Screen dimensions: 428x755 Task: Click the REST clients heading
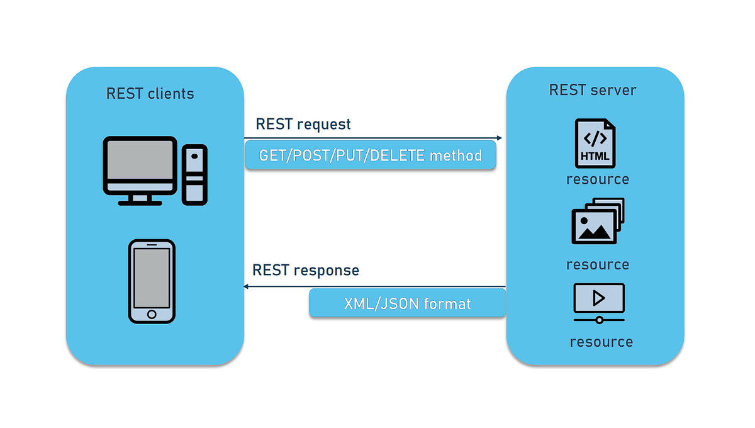150,94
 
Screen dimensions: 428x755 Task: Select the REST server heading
593,90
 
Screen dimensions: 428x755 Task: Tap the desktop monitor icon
140,169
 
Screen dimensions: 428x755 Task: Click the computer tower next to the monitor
194,174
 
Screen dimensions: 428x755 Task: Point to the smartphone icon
152,281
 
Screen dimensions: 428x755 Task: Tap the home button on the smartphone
152,314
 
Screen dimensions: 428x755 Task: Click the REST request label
303,124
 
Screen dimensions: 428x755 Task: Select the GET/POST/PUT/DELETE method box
371,155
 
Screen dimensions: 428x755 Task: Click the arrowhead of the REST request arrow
499,138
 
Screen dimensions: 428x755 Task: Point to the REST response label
306,270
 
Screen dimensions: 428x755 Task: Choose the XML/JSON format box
407,303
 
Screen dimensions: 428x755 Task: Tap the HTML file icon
595,144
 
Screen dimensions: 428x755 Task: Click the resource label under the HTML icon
598,179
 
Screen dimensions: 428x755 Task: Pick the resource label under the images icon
598,264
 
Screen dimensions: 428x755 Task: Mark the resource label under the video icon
601,342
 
